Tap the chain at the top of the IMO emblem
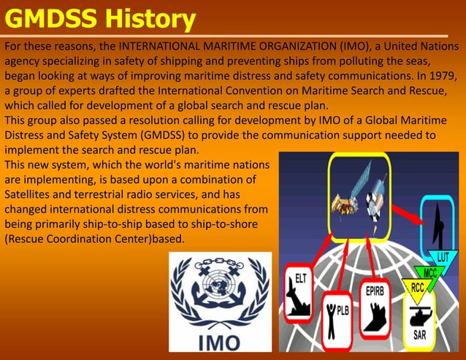pyautogui.click(x=219, y=262)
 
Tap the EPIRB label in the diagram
pyautogui.click(x=379, y=290)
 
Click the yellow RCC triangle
pyautogui.click(x=418, y=289)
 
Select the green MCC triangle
pyautogui.click(x=430, y=273)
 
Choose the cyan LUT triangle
pyautogui.click(x=443, y=258)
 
